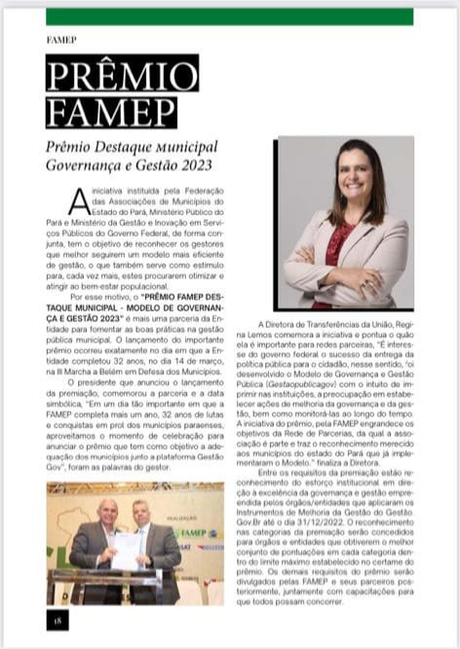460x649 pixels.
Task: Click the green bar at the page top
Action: pyautogui.click(x=230, y=16)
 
